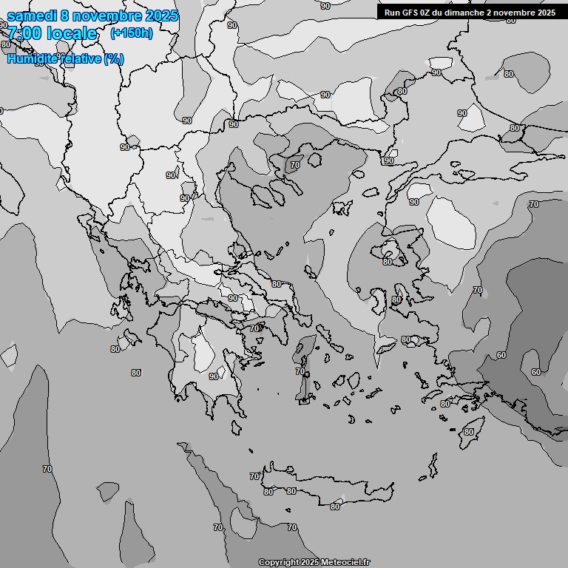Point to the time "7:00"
coord(24,33)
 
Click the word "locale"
coord(71,33)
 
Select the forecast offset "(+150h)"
coord(131,33)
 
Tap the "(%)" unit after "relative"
coord(114,58)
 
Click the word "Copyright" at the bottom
coord(279,563)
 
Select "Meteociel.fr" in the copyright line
coord(345,563)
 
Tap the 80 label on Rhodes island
coord(469,432)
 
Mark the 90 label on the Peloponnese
coord(214,376)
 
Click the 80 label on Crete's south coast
coord(335,507)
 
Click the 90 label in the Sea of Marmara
coord(414,202)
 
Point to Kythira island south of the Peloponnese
coord(235,427)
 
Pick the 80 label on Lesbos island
coord(388,262)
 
